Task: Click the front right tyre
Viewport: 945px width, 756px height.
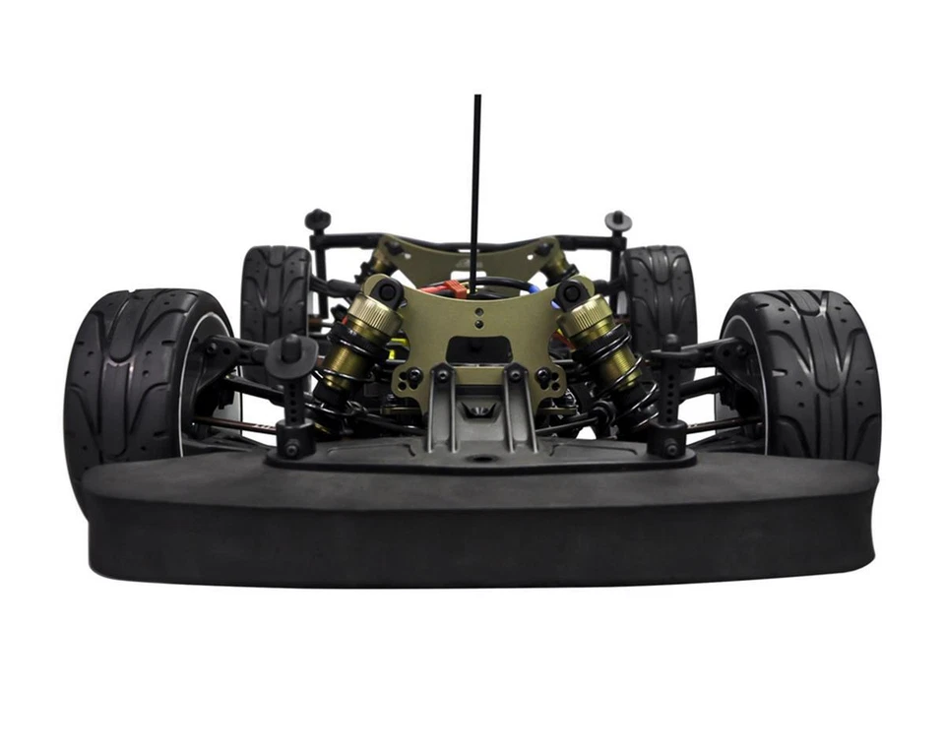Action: [817, 374]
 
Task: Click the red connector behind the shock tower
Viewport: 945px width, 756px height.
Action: [452, 287]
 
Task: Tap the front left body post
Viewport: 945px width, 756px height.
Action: [291, 394]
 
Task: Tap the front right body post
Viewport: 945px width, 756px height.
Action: [670, 394]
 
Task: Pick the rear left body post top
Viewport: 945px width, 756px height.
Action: [317, 219]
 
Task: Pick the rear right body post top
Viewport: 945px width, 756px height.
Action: [617, 220]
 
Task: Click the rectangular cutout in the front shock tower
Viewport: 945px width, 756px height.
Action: [472, 350]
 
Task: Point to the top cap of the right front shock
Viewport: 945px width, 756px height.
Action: [570, 292]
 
